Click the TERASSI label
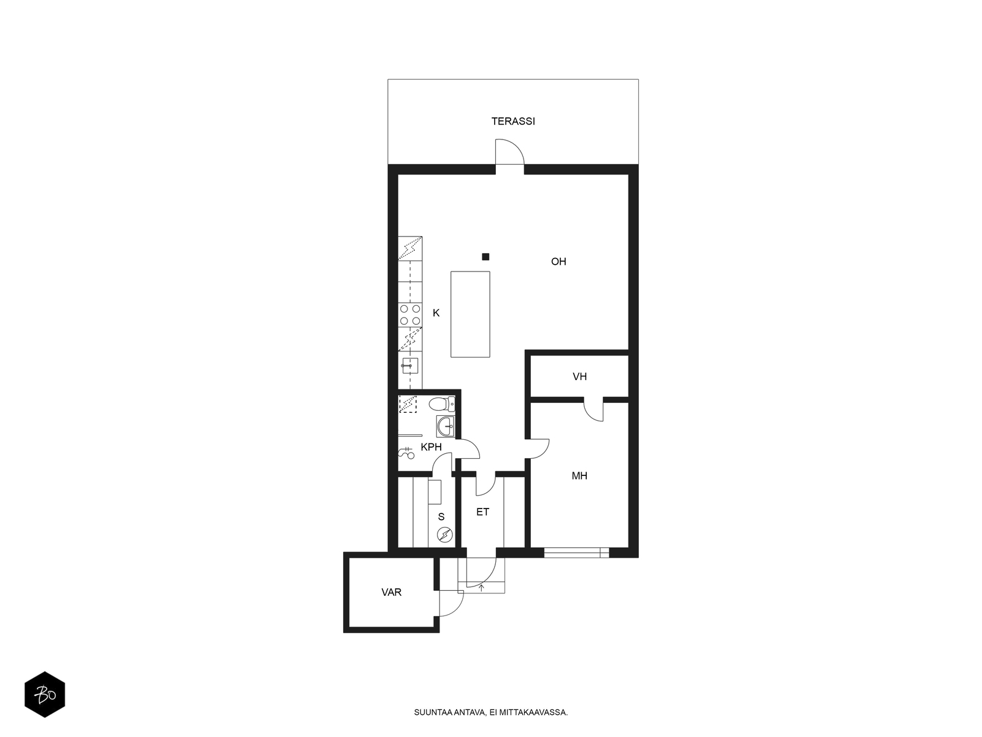point(512,121)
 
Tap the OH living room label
point(559,262)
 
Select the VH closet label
point(579,376)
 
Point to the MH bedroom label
point(579,475)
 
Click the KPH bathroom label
point(431,446)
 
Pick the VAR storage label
point(392,592)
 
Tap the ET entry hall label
point(483,512)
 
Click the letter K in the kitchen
point(436,313)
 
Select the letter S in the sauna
point(441,517)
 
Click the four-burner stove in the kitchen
point(410,314)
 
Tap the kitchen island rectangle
point(470,314)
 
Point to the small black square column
point(485,257)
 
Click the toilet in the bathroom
point(442,404)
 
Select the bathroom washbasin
point(446,426)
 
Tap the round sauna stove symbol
point(445,534)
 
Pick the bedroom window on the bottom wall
point(577,553)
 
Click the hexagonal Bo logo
point(45,695)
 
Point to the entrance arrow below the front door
point(481,588)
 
